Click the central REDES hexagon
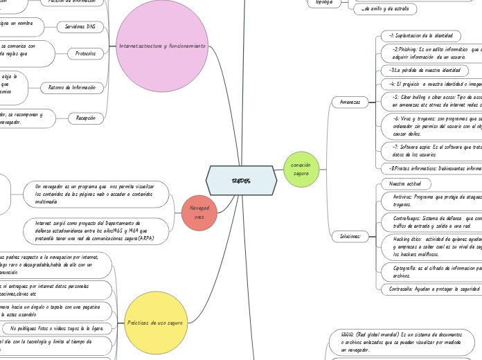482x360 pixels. pyautogui.click(x=241, y=180)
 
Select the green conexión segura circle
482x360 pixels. pyautogui.click(x=301, y=169)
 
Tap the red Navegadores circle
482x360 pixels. pyautogui.click(x=199, y=213)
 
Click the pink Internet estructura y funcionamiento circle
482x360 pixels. pyautogui.click(x=162, y=46)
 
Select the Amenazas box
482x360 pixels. pyautogui.click(x=350, y=102)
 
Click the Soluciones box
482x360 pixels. pyautogui.click(x=350, y=236)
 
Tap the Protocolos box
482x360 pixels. pyautogui.click(x=86, y=53)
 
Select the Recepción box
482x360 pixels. pyautogui.click(x=86, y=118)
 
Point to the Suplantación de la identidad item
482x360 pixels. pyautogui.click(x=420, y=35)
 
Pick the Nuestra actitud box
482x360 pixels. pyautogui.click(x=406, y=183)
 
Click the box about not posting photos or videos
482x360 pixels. pyautogui.click(x=57, y=327)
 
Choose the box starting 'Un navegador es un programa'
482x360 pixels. pyautogui.click(x=97, y=193)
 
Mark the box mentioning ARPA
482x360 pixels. pyautogui.click(x=97, y=231)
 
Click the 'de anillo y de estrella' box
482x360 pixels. pyautogui.click(x=385, y=9)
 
